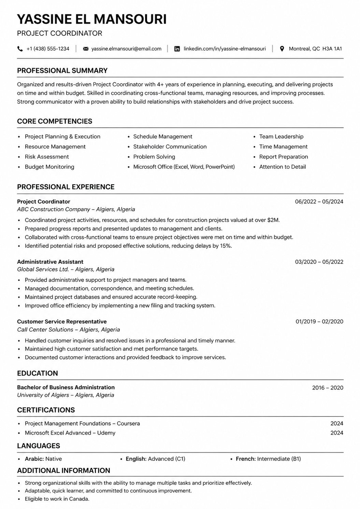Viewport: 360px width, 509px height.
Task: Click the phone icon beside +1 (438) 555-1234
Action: [20, 49]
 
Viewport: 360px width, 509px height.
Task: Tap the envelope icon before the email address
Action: [86, 49]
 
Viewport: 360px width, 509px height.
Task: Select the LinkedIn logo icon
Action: [177, 49]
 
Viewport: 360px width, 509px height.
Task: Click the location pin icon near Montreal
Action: [282, 49]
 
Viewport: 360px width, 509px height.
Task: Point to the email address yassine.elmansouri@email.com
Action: [126, 49]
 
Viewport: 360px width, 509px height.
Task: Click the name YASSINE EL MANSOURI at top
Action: [92, 19]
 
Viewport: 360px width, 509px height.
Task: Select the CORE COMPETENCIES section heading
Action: [55, 121]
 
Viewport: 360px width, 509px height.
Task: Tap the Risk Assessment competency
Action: [47, 157]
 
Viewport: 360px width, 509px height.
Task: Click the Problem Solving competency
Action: [154, 157]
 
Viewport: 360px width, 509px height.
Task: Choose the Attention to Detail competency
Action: [282, 167]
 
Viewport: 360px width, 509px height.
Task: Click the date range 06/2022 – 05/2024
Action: [319, 202]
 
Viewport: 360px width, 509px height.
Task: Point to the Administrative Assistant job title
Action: [50, 262]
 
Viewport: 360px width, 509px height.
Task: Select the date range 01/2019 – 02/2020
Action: [319, 322]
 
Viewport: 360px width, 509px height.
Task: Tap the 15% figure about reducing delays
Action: [226, 246]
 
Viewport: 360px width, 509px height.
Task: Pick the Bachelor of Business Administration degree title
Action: [66, 387]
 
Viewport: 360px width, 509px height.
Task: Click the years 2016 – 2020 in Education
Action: [328, 388]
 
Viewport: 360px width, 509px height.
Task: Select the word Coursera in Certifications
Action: [128, 424]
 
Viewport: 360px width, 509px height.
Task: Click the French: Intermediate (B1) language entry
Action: [268, 459]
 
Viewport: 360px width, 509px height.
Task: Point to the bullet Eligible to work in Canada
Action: [57, 499]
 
